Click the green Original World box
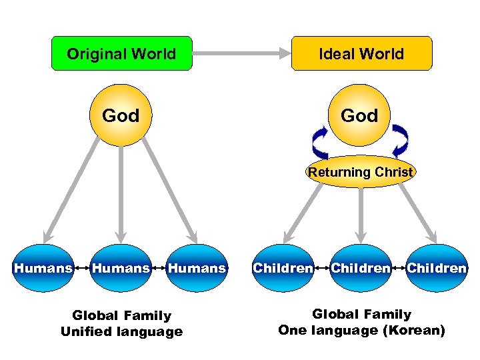click(x=121, y=53)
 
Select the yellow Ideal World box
click(x=361, y=53)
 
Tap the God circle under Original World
click(x=121, y=116)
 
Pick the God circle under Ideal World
click(x=359, y=116)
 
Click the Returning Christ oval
click(x=361, y=172)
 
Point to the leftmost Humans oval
click(x=43, y=268)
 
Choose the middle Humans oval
click(x=121, y=268)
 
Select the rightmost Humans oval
click(x=197, y=268)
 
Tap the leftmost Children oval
click(x=283, y=268)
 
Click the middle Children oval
click(x=360, y=268)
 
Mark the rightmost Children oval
click(x=437, y=268)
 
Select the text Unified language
click(x=121, y=331)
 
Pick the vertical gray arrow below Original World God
click(x=121, y=193)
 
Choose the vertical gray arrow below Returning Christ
click(x=360, y=213)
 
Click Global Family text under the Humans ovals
click(x=121, y=315)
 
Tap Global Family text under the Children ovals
click(x=361, y=314)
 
